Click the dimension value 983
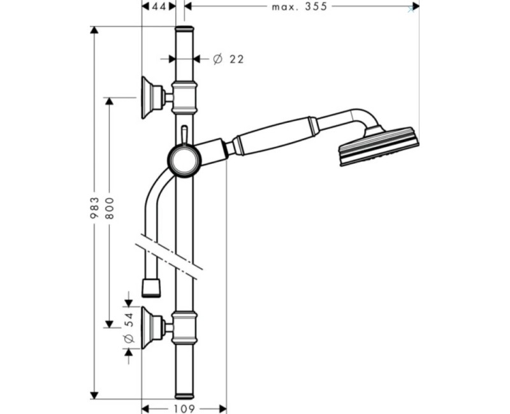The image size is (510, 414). (94, 208)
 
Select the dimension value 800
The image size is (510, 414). (110, 208)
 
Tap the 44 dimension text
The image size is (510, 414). (159, 6)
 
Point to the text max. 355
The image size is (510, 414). (299, 6)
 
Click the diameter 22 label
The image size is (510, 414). (228, 59)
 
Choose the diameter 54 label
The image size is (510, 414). (129, 327)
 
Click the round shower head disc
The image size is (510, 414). (379, 146)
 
